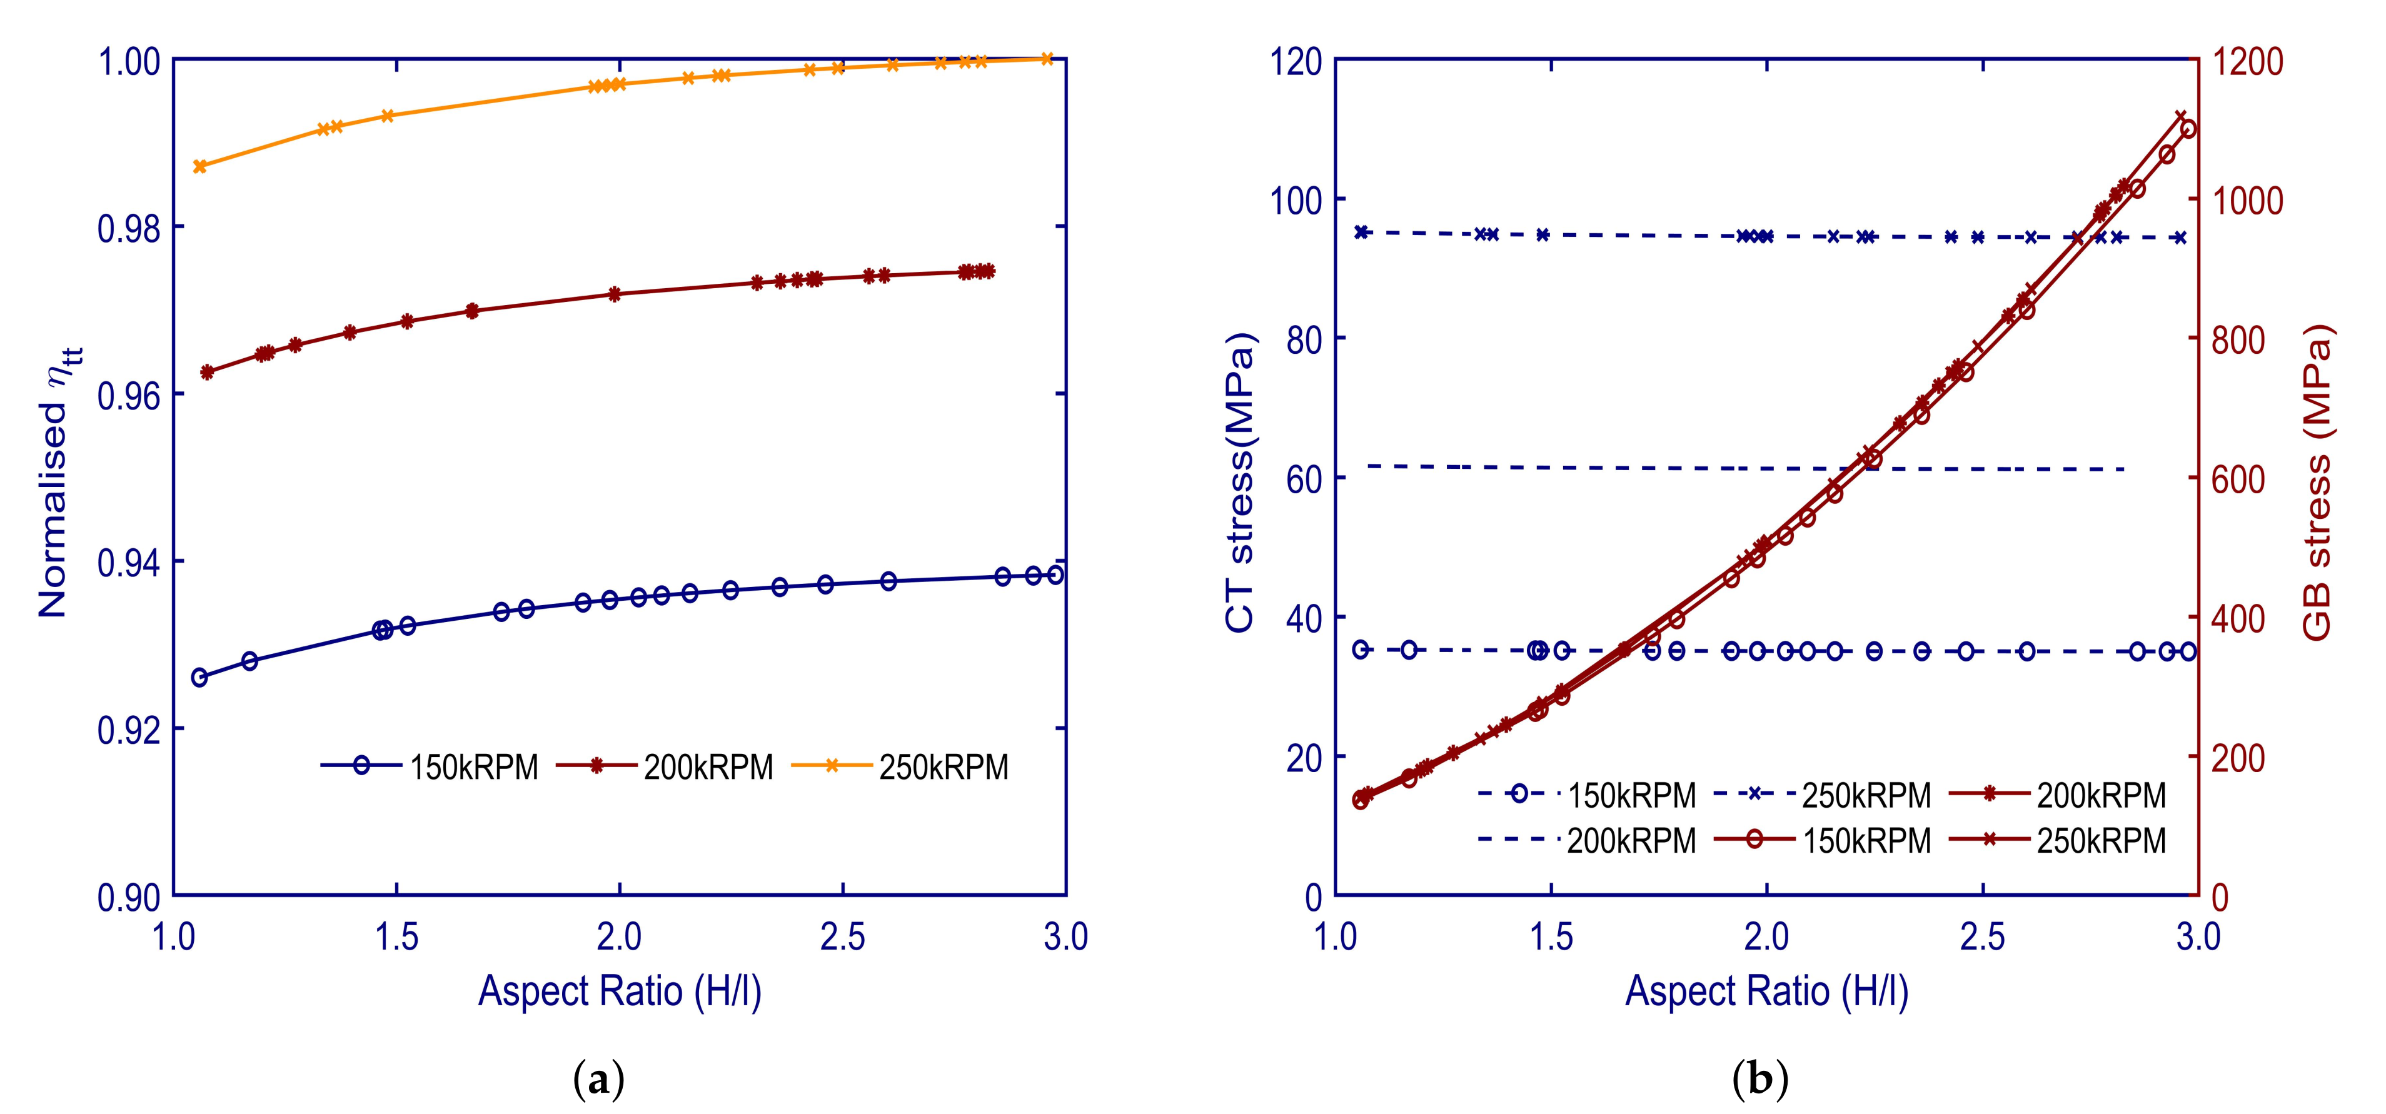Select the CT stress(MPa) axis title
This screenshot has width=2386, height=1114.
tap(1239, 481)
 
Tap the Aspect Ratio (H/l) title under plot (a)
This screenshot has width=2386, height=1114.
tap(620, 991)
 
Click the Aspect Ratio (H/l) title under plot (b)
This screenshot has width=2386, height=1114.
tap(1766, 991)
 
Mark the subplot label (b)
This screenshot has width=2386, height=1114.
tap(1760, 1081)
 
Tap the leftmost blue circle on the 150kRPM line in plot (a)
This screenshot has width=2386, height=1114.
tap(199, 678)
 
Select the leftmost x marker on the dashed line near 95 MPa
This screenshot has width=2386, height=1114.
tap(1362, 231)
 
